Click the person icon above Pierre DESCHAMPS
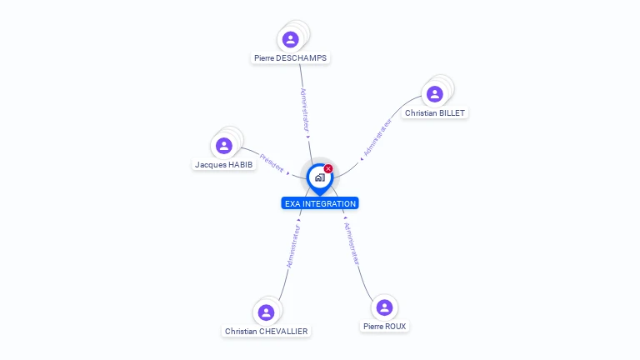(x=290, y=39)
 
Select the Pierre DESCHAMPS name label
(x=291, y=58)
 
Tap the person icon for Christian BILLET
(x=434, y=94)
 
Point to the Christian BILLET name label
(x=435, y=112)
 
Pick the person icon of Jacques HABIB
(x=223, y=146)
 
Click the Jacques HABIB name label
(x=223, y=165)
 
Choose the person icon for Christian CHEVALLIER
(x=266, y=312)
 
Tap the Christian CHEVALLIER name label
(x=266, y=332)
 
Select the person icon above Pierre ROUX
(x=384, y=307)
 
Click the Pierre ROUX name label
(x=385, y=327)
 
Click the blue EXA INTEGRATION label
(x=320, y=203)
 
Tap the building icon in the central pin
(x=319, y=177)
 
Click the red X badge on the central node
(x=328, y=168)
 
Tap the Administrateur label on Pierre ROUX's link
(x=352, y=243)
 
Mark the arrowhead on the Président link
(x=288, y=172)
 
